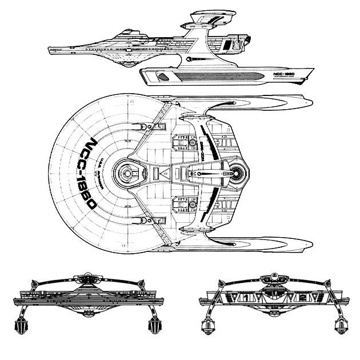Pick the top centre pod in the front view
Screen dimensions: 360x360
pos(90,279)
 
